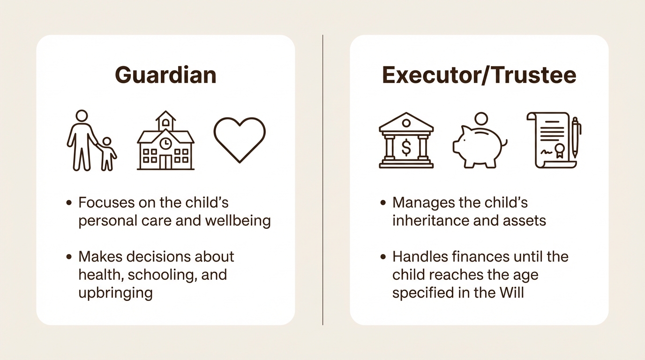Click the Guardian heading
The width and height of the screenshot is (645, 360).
coord(165,75)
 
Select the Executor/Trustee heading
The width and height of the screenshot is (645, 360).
coord(479,75)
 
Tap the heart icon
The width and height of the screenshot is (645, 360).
coord(240,140)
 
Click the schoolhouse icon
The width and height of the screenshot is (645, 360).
coord(165,140)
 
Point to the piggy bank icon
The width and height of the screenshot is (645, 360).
coord(480,147)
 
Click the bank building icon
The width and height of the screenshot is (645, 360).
coord(406,140)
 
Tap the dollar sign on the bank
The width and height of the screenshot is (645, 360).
coord(406,148)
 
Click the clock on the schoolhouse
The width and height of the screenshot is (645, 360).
coord(165,143)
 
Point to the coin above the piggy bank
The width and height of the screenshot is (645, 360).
coord(481,119)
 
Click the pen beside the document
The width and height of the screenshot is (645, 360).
coord(575,137)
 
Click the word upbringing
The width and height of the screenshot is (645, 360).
coord(115,293)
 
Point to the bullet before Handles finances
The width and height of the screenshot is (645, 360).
coord(382,256)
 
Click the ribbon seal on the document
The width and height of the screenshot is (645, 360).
coord(560,150)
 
